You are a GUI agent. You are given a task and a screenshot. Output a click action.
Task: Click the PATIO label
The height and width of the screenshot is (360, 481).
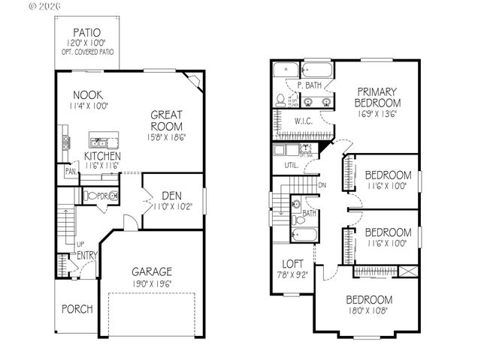pos(88,32)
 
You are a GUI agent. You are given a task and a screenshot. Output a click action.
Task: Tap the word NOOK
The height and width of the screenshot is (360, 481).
pos(88,95)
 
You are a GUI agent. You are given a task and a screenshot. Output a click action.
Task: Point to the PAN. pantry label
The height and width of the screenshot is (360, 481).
pos(70,172)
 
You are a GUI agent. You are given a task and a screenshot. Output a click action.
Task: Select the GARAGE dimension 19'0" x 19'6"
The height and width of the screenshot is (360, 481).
pos(153,284)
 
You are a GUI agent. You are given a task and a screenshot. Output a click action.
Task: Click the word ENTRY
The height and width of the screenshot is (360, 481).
pos(86,256)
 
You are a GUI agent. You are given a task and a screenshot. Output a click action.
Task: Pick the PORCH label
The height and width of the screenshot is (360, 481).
pos(77,308)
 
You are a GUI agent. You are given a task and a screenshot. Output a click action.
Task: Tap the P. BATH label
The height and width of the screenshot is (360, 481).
pos(309,85)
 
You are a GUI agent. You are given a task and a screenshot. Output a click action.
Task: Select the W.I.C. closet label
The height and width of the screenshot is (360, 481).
pos(304,120)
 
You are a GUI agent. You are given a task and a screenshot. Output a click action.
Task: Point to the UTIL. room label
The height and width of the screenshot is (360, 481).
pos(291,164)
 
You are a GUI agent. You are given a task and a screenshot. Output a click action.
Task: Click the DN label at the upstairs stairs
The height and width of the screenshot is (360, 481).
pos(322,184)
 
